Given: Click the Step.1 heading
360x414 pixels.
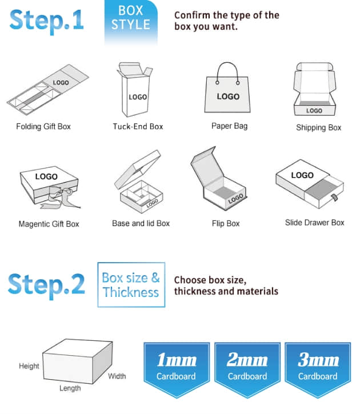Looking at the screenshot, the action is [46, 21].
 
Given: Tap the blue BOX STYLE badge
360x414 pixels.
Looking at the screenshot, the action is [131, 21].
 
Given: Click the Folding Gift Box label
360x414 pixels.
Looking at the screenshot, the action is [43, 126].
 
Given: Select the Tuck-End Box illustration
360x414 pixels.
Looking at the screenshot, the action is [135, 90].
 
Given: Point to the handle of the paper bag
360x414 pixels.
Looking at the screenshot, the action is [227, 69].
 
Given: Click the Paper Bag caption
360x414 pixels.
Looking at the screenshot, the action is [230, 126].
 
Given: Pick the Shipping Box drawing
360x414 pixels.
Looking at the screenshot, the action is [314, 89].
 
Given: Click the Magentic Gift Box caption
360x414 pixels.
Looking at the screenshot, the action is [49, 224].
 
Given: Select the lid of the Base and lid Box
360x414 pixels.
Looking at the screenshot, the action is [138, 169].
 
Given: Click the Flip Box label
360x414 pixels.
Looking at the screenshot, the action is [226, 224].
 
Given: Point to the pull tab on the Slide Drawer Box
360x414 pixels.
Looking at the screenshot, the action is [334, 197].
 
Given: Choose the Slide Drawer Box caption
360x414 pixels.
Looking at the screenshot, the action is [314, 223].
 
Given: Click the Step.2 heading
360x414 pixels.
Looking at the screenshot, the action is [46, 285].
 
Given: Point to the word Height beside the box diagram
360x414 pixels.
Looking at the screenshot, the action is [29, 366].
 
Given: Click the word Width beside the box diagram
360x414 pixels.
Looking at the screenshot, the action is [117, 376].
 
